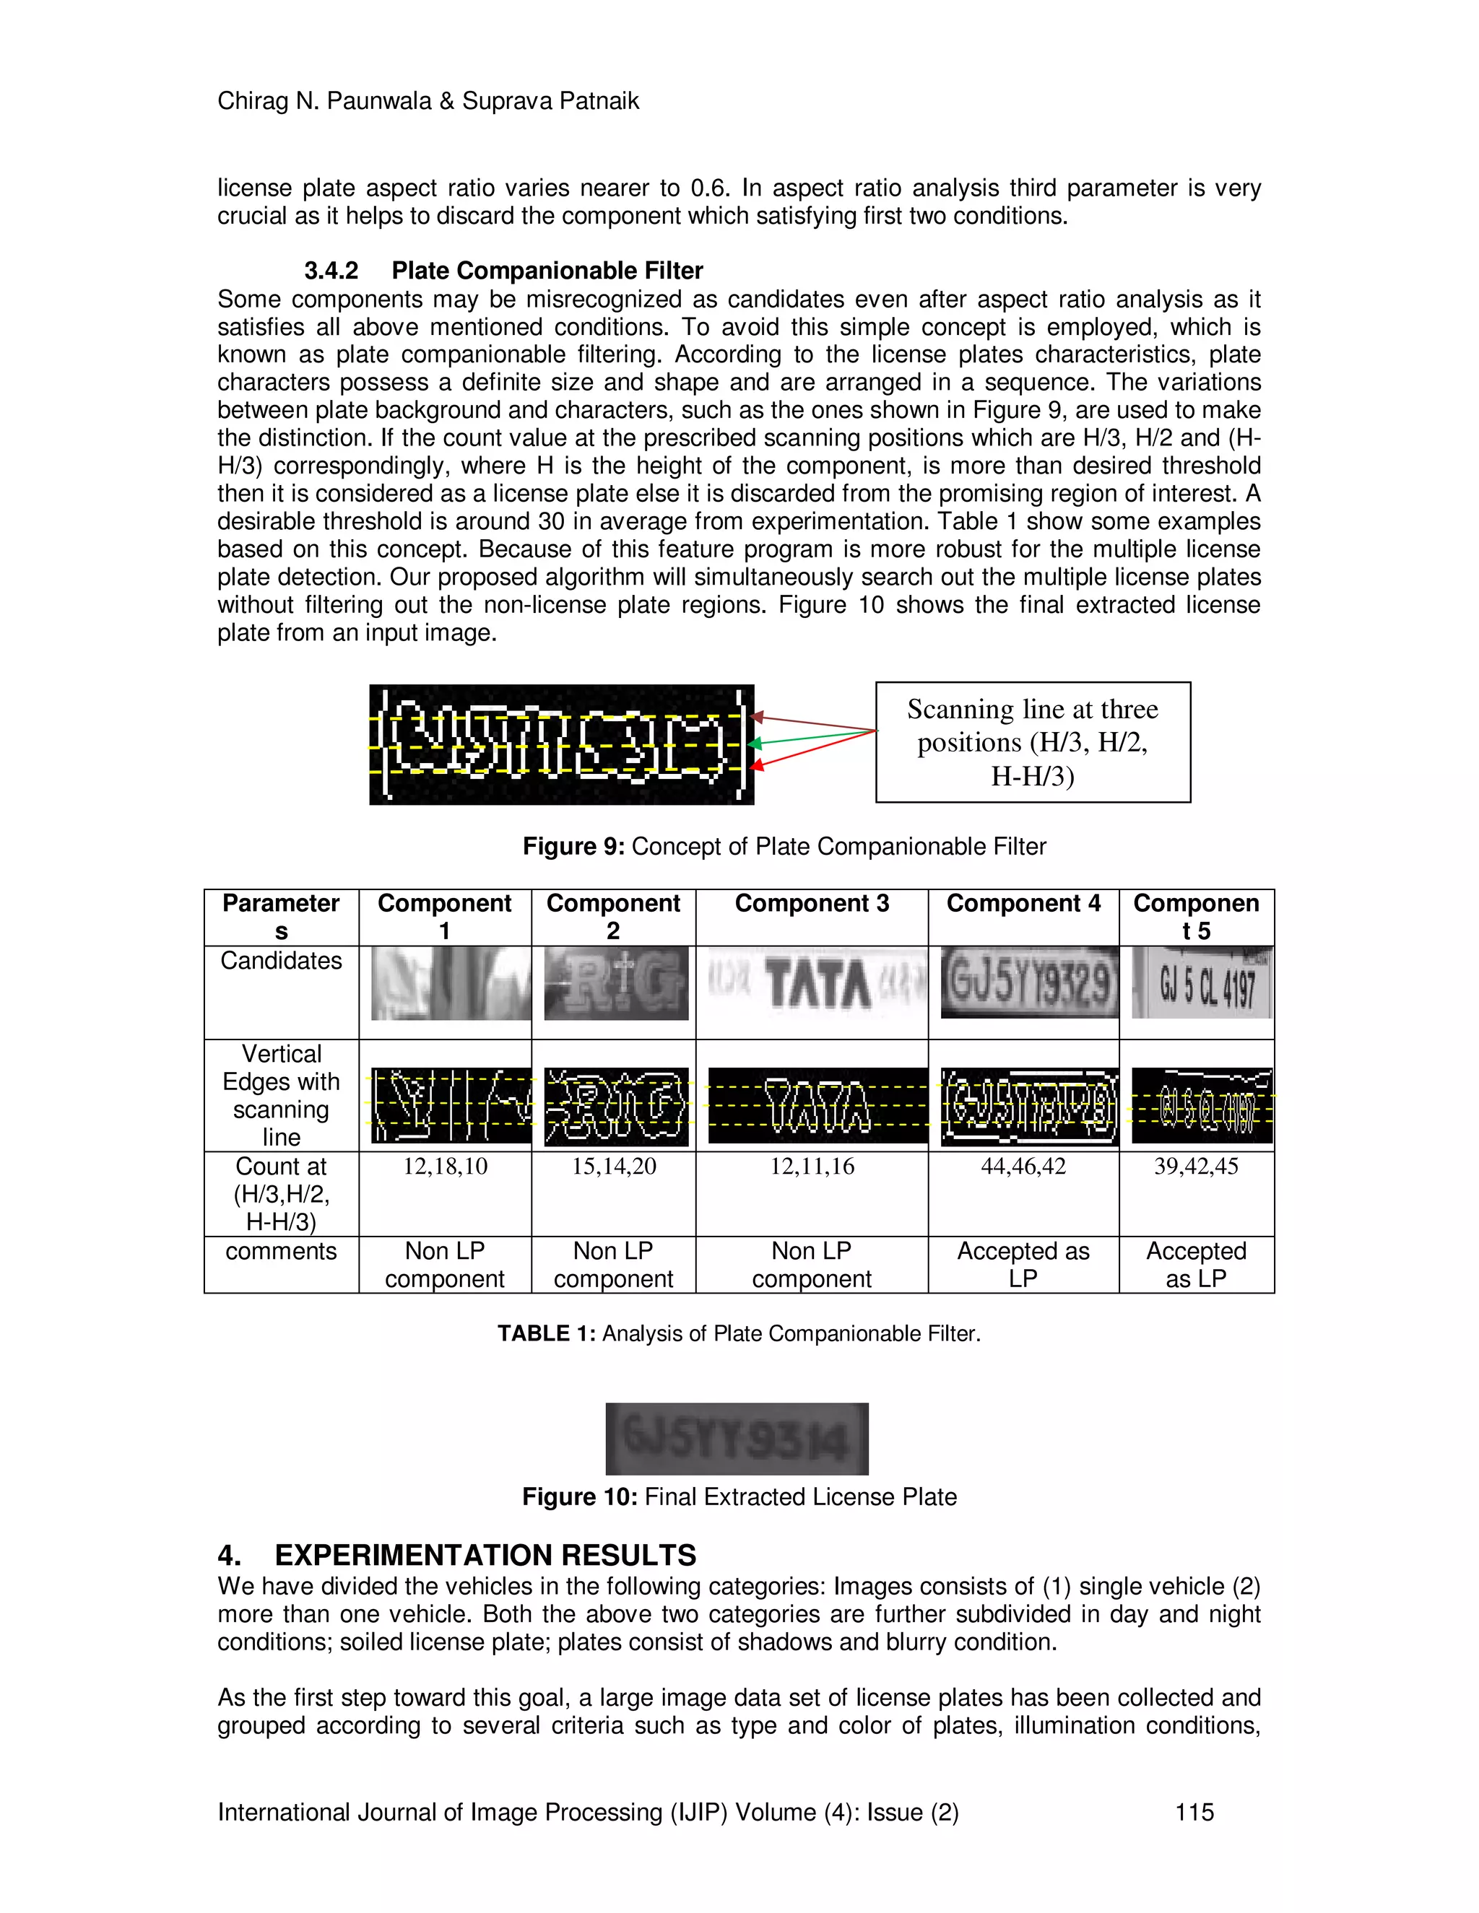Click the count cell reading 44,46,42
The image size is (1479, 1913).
click(x=1023, y=1166)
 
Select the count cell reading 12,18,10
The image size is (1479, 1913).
click(x=444, y=1166)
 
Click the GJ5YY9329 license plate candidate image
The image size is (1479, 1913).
click(x=1030, y=982)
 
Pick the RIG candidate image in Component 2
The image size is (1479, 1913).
click(x=615, y=982)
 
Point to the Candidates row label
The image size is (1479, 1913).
click(x=280, y=961)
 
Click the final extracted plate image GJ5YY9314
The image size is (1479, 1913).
click(x=736, y=1439)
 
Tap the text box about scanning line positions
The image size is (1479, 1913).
click(x=1032, y=742)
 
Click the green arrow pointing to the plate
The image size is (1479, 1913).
click(x=812, y=738)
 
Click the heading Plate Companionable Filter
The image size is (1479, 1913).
click(x=547, y=271)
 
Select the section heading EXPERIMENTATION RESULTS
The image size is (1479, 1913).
click(x=485, y=1555)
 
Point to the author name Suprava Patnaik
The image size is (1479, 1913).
click(x=550, y=102)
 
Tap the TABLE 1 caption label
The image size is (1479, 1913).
click(x=546, y=1333)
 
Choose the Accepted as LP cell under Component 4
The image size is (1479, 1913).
click(x=1023, y=1264)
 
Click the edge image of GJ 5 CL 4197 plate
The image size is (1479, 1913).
click(x=1201, y=1105)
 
